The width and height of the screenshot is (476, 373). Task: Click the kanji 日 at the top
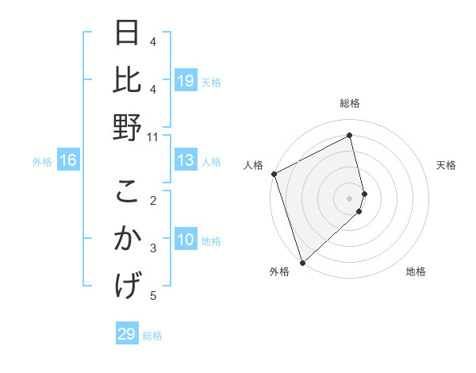(128, 35)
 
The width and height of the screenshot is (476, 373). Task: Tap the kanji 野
(128, 127)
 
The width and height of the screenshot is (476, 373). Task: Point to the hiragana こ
(128, 192)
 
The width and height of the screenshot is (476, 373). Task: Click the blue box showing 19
(186, 80)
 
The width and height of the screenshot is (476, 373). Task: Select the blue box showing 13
(186, 160)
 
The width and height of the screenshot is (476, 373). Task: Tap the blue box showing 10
(186, 240)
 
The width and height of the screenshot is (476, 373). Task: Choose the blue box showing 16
(68, 160)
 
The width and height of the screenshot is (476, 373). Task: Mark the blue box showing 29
(127, 334)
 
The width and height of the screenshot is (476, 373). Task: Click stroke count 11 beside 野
(153, 137)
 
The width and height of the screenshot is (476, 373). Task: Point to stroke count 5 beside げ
(153, 296)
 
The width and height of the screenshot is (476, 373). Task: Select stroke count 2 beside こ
(153, 199)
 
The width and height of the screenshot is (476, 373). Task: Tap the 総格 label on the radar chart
(350, 103)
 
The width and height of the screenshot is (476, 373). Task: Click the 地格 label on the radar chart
(416, 271)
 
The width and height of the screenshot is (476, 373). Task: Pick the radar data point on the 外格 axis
(302, 262)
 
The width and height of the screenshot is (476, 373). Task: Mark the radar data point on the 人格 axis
(274, 174)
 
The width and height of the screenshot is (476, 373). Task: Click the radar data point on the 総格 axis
(350, 136)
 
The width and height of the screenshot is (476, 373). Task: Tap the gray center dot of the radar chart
(350, 198)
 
